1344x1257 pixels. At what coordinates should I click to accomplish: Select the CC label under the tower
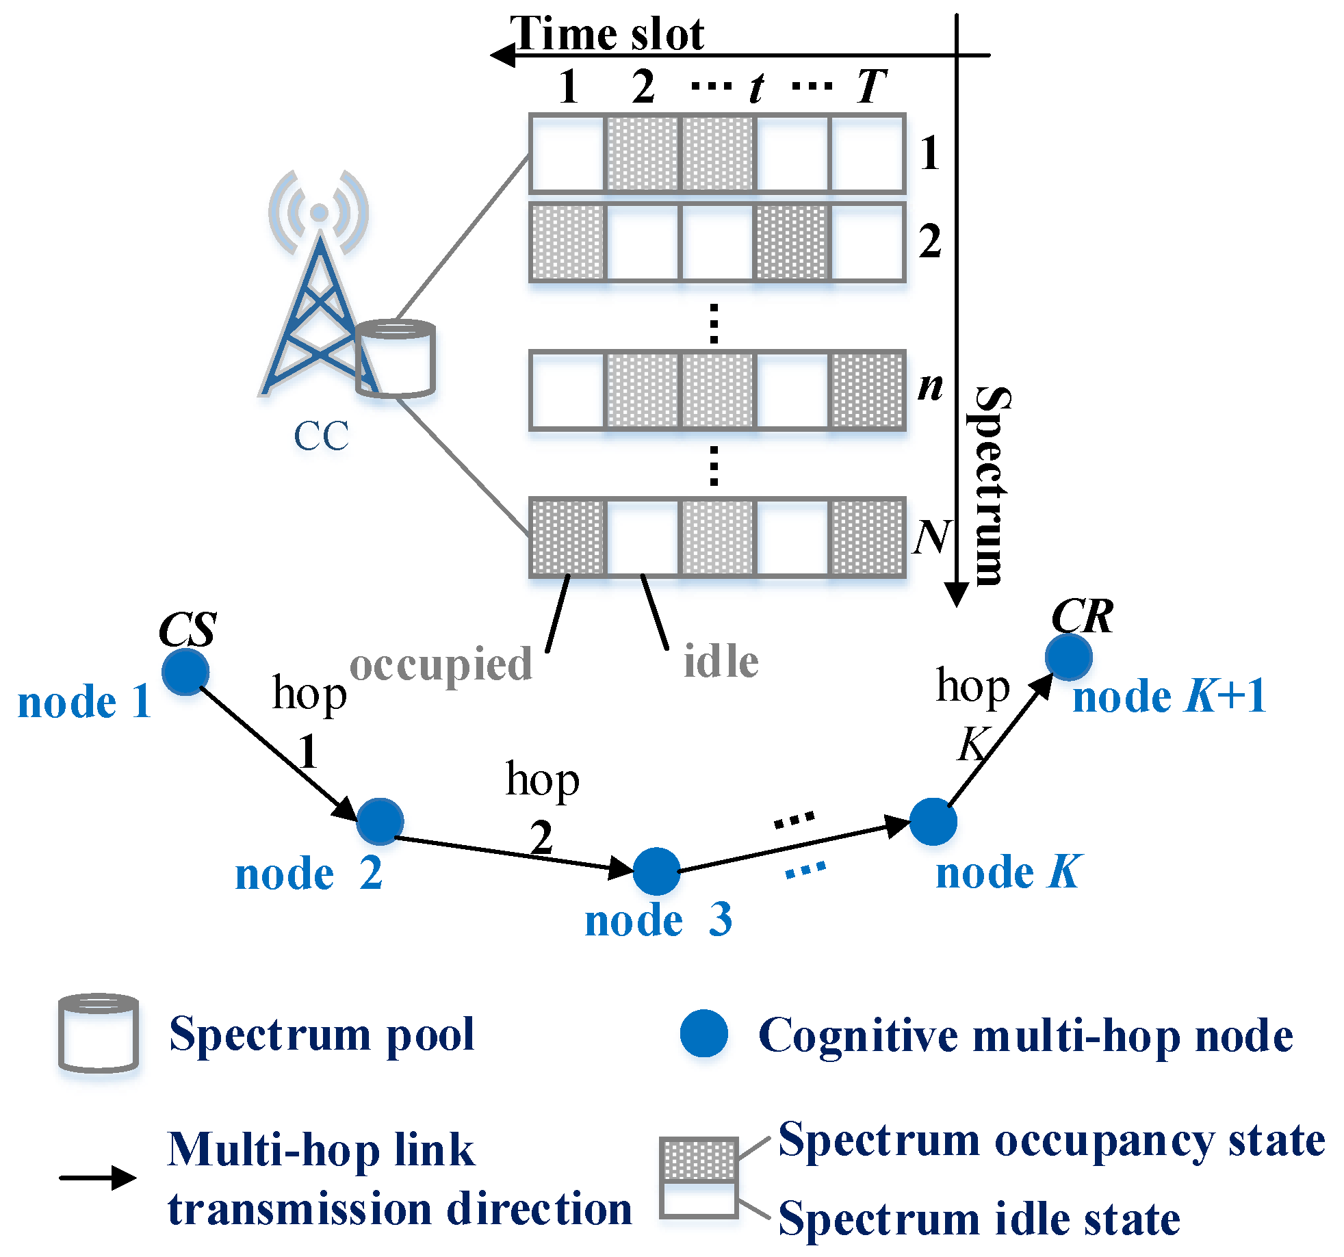(321, 436)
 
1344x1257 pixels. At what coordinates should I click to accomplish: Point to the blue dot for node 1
(185, 671)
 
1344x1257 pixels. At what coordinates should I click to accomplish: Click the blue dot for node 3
(656, 871)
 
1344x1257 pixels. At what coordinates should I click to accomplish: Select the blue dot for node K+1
(1068, 657)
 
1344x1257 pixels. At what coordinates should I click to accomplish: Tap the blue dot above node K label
(933, 821)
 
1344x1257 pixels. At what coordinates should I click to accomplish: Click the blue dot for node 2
(380, 821)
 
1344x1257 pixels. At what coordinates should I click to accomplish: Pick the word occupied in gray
(441, 664)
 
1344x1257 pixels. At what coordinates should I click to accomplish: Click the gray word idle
(721, 661)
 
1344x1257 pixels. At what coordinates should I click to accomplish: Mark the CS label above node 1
(188, 629)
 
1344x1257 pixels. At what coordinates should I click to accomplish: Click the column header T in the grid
(871, 86)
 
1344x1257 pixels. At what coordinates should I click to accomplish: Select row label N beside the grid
(932, 536)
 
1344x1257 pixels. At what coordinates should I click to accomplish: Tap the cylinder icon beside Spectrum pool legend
(99, 1033)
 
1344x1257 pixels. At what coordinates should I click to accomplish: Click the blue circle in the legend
(703, 1033)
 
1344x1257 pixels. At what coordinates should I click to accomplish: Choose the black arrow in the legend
(98, 1178)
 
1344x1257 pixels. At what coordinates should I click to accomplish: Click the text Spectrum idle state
(979, 1219)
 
